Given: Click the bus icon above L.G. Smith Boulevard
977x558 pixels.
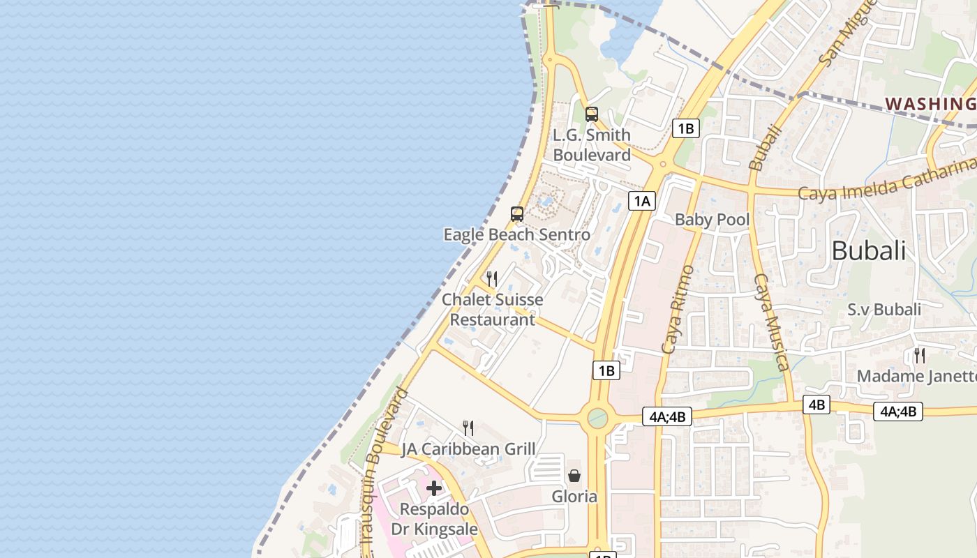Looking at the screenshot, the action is click(592, 114).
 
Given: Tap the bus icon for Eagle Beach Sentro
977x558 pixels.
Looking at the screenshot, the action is click(517, 214).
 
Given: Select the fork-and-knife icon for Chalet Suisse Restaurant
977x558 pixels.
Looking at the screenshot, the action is click(492, 279).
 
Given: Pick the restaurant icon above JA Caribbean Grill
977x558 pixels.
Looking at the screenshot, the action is click(468, 428).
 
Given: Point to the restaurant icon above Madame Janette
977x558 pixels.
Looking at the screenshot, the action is click(920, 356).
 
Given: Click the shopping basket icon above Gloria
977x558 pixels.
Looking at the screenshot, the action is click(574, 476).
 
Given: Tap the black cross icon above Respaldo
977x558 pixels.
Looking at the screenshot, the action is click(434, 488).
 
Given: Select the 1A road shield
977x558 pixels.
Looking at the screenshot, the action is click(642, 202).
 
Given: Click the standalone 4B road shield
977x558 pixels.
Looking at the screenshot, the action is click(816, 405).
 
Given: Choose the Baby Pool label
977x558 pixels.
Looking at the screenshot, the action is click(712, 220).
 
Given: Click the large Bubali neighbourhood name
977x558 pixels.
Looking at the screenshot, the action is click(868, 250).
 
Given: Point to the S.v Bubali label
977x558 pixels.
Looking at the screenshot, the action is click(884, 309).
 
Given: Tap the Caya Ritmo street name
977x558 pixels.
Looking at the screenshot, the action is click(677, 308).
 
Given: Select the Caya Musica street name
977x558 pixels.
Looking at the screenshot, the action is click(771, 322).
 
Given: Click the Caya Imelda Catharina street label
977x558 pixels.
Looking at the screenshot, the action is click(886, 179).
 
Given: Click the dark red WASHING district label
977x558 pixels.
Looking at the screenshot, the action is click(930, 104).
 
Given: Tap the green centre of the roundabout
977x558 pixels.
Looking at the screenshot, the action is click(597, 418).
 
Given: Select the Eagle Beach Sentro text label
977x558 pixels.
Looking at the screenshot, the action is click(517, 234).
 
